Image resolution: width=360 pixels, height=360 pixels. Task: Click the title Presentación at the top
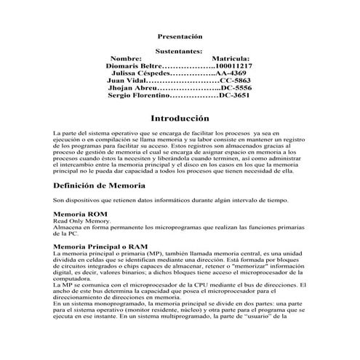pyautogui.click(x=180, y=36)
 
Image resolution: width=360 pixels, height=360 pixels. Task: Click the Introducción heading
pyautogui.click(x=180, y=118)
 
